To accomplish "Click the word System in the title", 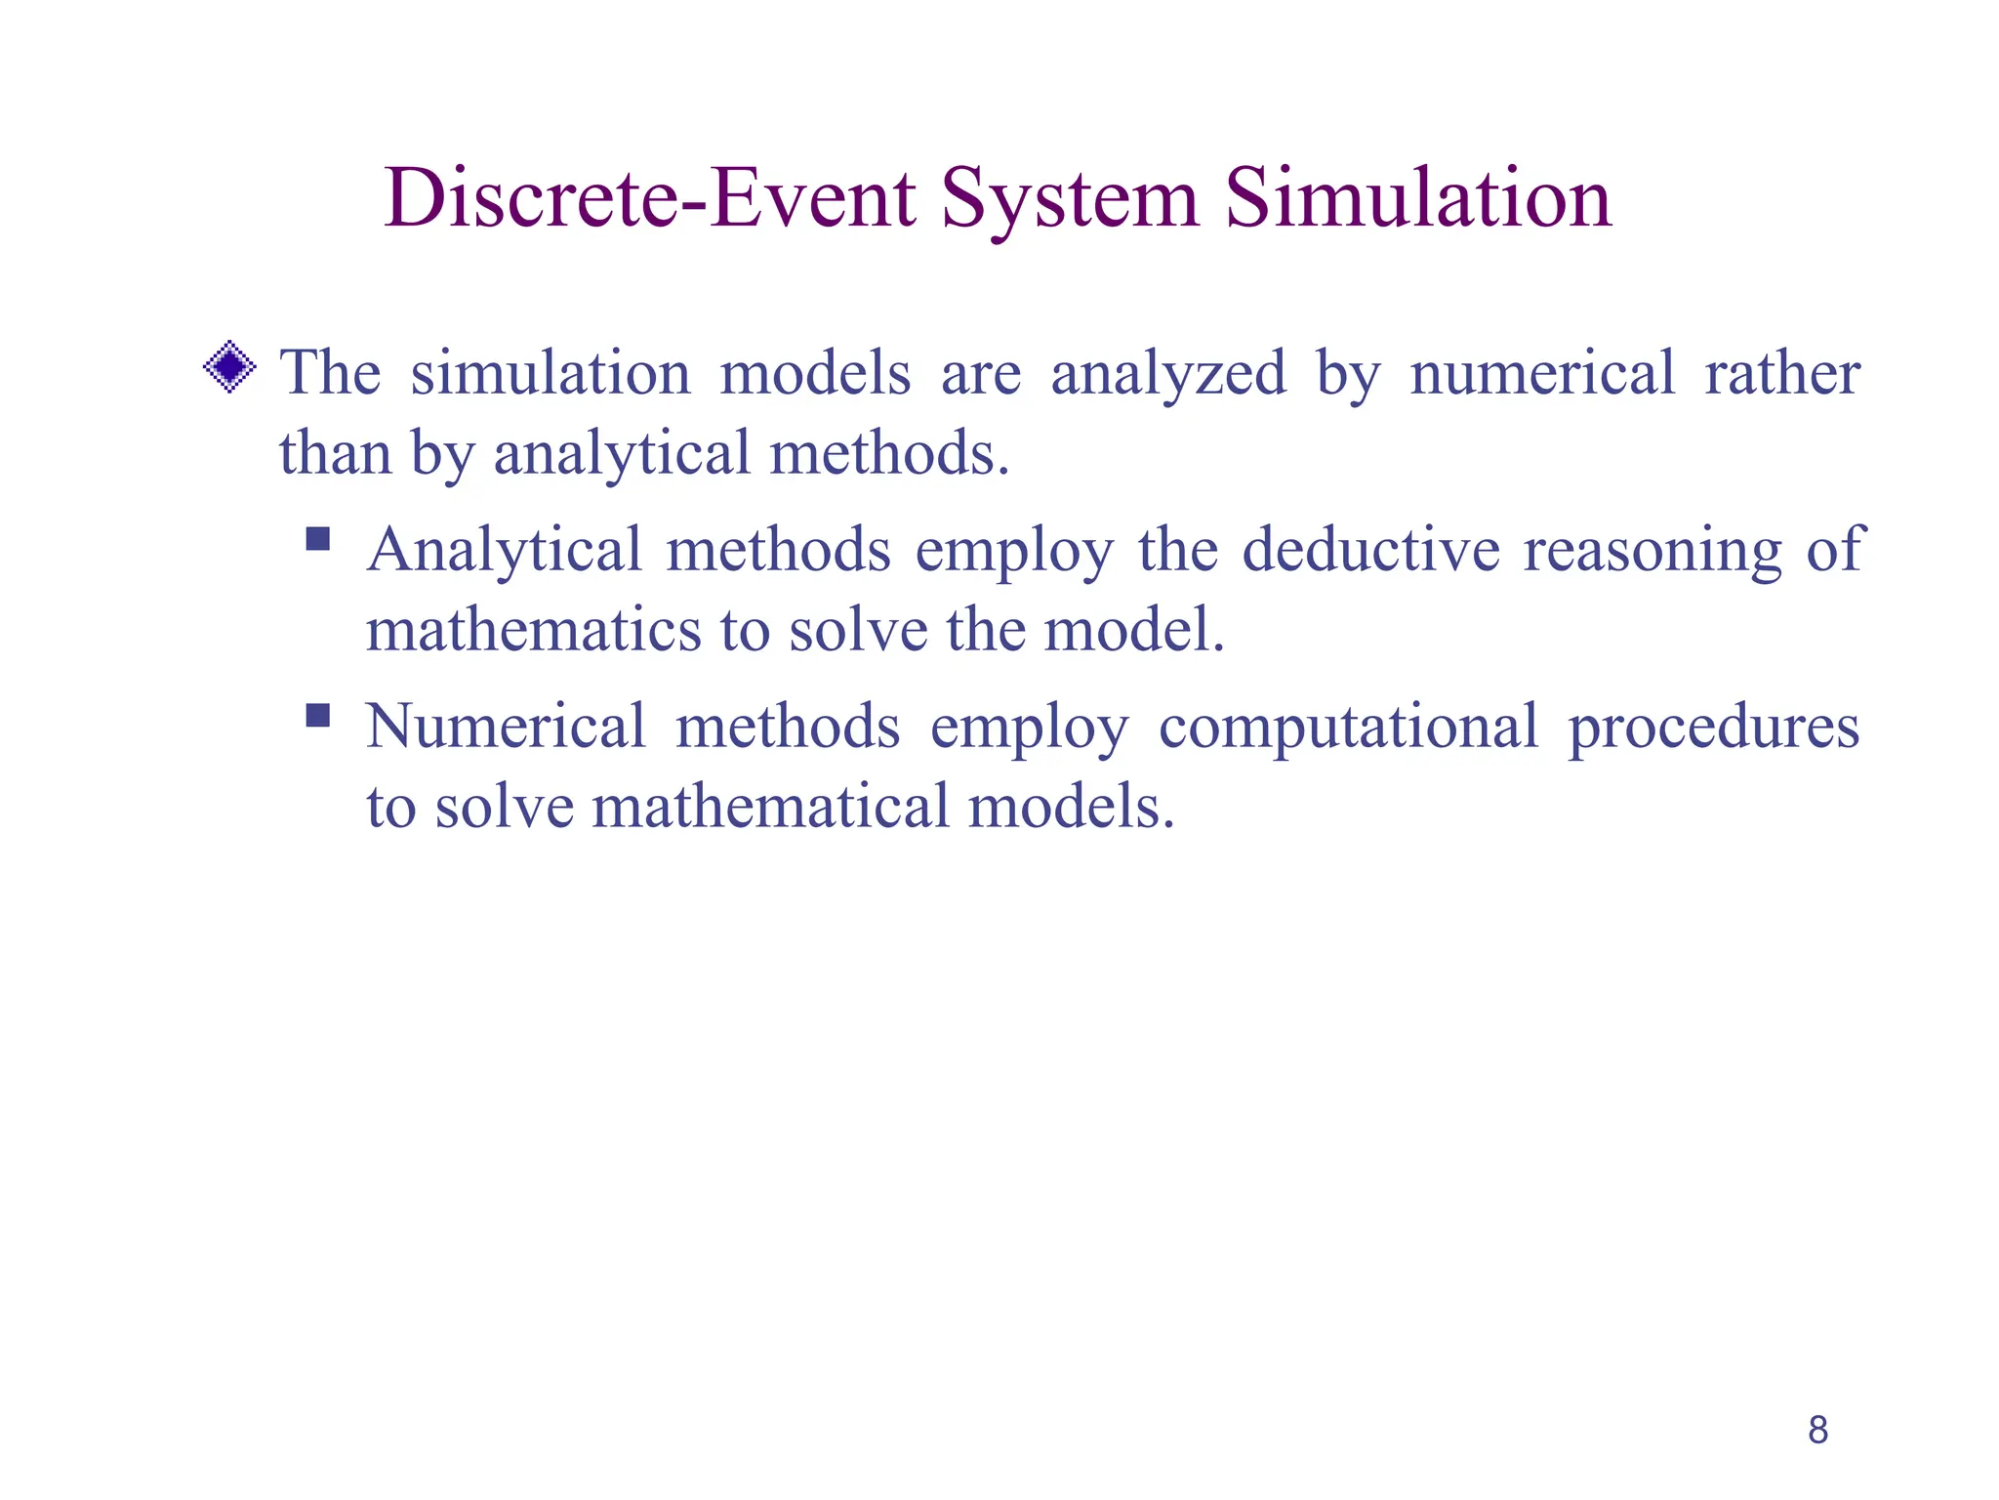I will (x=1069, y=199).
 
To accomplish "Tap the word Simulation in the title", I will (x=1417, y=199).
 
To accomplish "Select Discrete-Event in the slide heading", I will (x=650, y=199).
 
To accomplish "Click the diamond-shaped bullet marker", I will (x=229, y=367).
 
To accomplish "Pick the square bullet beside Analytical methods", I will (x=318, y=539).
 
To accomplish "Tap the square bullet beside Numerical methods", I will (x=318, y=716).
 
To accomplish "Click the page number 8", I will (x=1817, y=1430).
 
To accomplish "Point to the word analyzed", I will (x=1168, y=374).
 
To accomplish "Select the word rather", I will (x=1781, y=374).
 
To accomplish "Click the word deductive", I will (x=1370, y=550).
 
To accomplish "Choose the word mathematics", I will (x=533, y=630).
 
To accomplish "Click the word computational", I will (x=1348, y=729).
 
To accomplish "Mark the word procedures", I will (x=1713, y=729).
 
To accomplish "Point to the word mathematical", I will (x=770, y=807).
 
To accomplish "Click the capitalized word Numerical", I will (x=506, y=727).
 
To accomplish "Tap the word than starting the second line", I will (x=335, y=453).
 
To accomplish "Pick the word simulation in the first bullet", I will (x=550, y=374).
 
